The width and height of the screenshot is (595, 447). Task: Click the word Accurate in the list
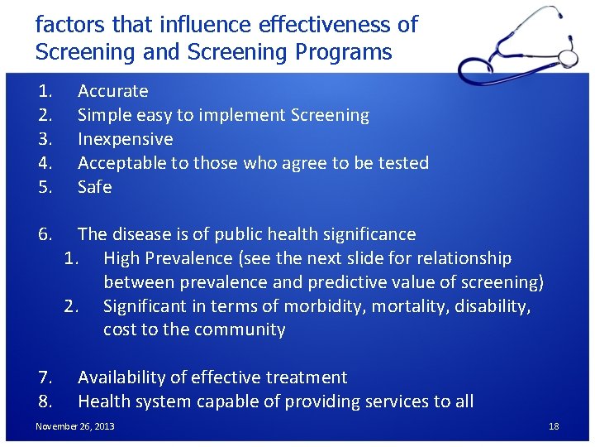112,91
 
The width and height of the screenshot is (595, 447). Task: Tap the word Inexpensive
125,139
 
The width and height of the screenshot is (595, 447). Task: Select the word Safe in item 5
94,187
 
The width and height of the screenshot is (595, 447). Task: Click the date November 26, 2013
75,426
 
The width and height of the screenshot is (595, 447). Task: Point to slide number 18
554,426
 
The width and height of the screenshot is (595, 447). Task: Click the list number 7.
45,377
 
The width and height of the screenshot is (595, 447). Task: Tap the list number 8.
45,401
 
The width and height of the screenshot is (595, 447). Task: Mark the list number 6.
45,234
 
